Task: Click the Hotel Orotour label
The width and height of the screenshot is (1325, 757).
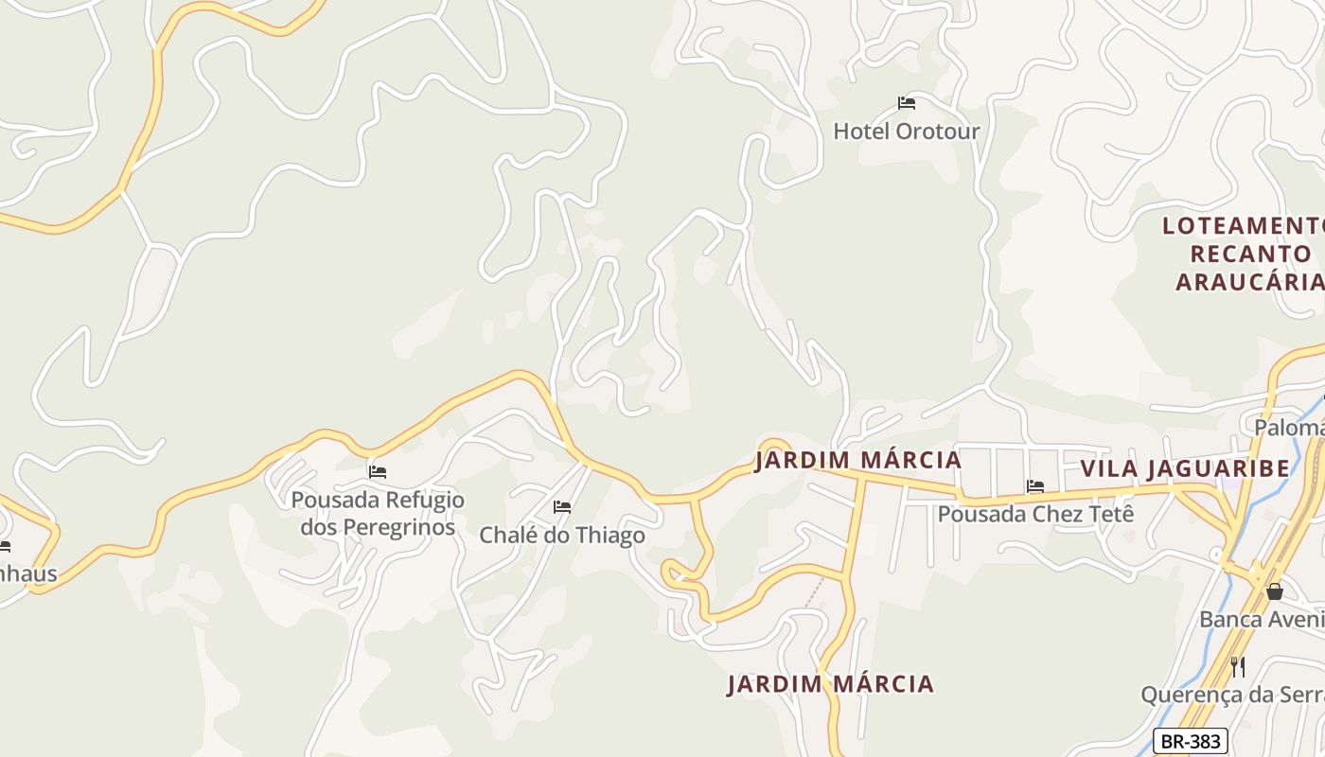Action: click(x=906, y=132)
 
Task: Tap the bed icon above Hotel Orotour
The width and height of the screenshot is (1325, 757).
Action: click(x=907, y=102)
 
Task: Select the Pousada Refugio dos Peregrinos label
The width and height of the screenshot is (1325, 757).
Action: click(x=378, y=513)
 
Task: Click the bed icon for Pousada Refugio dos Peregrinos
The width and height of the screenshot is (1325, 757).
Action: click(x=378, y=471)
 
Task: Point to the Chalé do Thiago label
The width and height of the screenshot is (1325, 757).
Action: click(x=562, y=535)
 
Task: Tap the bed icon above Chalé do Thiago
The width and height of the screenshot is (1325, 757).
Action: click(x=562, y=507)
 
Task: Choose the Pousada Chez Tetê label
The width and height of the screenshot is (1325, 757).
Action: click(x=1035, y=514)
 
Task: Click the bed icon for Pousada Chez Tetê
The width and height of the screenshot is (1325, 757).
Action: click(x=1035, y=486)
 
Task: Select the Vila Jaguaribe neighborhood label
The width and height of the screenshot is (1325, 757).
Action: click(x=1185, y=468)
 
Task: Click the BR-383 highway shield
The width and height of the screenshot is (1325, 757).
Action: click(x=1191, y=741)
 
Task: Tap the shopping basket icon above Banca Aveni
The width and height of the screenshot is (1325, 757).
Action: click(x=1275, y=591)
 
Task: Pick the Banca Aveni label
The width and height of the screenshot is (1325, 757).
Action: click(x=1261, y=620)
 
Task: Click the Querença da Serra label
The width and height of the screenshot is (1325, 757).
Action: click(x=1231, y=695)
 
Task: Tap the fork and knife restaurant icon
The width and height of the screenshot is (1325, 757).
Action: click(x=1238, y=666)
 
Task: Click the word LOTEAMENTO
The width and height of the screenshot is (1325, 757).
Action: click(x=1242, y=226)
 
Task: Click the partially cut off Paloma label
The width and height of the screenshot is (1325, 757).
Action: click(x=1288, y=428)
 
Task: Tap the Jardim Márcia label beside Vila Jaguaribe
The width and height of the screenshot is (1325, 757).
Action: click(x=857, y=461)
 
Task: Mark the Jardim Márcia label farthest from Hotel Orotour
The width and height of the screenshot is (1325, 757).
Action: click(x=830, y=684)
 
